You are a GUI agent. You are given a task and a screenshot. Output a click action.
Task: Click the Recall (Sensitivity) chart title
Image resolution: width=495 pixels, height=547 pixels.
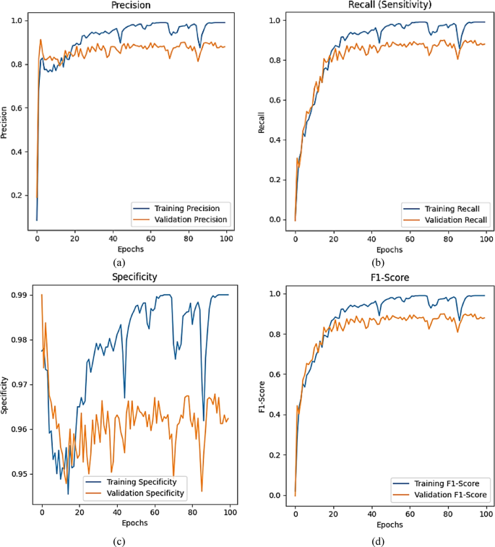390,6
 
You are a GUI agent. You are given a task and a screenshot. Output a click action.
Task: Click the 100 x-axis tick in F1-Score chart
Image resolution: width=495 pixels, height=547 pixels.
487,512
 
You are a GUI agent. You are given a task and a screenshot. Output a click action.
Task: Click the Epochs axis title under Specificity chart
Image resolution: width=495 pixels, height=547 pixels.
135,523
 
